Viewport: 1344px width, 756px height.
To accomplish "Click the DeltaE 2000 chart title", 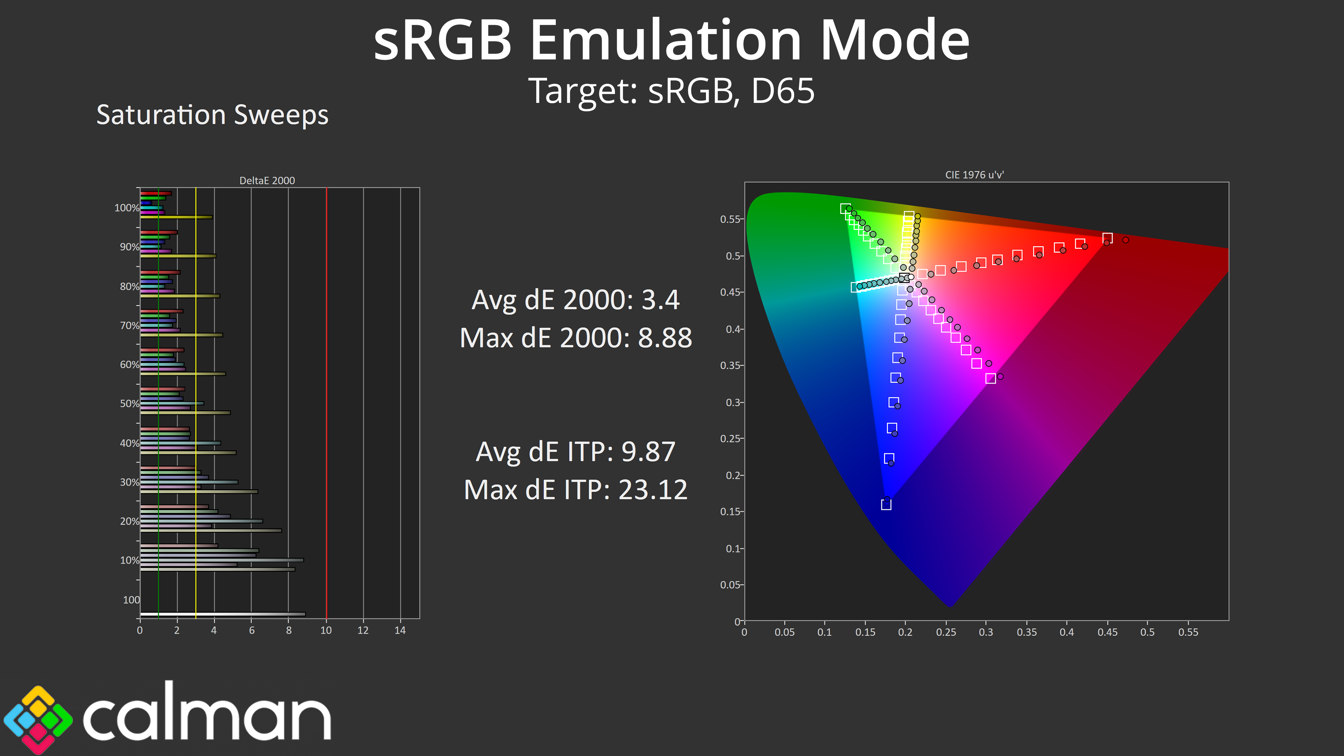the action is [267, 181].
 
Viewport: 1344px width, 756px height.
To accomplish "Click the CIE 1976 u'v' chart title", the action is [974, 175].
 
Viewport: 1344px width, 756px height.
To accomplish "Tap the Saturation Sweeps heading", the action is [212, 115].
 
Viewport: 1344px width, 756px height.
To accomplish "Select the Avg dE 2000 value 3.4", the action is [660, 300].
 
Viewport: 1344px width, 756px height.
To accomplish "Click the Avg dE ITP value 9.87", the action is [649, 452].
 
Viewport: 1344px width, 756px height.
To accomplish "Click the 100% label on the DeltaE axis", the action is [127, 208].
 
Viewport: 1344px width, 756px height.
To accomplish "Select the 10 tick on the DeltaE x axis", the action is [326, 630].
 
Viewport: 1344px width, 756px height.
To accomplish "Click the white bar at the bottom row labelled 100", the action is [223, 614].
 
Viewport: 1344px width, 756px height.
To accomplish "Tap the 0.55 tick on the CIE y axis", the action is [730, 219].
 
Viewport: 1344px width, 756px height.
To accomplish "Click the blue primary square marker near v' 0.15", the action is [886, 504].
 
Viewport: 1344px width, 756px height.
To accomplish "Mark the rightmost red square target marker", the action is [1107, 238].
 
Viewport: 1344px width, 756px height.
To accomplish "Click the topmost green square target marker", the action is [845, 209].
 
